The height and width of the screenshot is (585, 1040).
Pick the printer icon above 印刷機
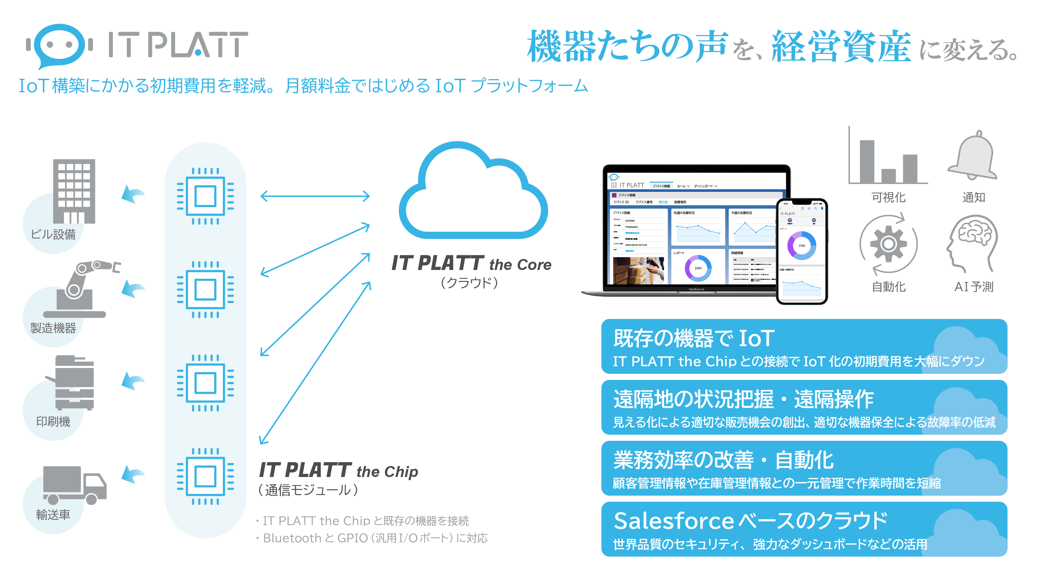tap(73, 382)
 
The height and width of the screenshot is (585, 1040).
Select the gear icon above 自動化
tap(888, 244)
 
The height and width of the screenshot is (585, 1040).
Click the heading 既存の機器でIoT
tap(694, 338)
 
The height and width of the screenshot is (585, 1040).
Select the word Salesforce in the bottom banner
tap(673, 521)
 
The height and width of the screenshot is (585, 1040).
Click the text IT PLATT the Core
tap(471, 264)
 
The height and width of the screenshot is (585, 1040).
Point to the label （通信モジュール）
tap(308, 490)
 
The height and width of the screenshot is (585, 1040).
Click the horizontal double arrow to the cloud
tap(315, 197)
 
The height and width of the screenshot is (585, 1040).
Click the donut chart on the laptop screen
tap(698, 268)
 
